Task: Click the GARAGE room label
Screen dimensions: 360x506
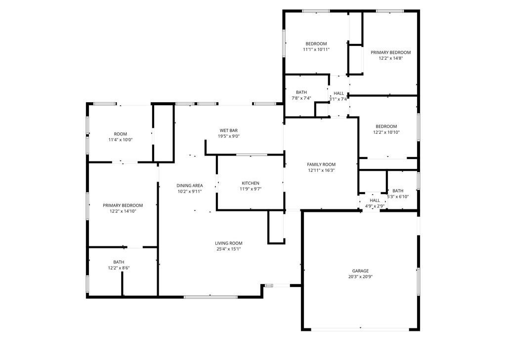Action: (x=360, y=271)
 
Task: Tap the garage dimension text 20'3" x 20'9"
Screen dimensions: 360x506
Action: (x=360, y=277)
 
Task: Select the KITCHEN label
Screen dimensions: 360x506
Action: (x=250, y=183)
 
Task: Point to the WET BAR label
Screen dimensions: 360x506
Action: (x=229, y=130)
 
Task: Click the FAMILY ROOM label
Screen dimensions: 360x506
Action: (x=321, y=164)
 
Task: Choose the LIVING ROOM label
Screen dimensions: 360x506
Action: (x=228, y=243)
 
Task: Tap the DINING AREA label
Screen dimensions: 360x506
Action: (x=190, y=186)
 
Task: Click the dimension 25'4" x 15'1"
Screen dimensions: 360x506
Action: (x=228, y=249)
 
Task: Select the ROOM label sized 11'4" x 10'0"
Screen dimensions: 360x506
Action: (x=121, y=134)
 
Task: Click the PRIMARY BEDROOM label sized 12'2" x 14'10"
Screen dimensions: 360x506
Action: (x=123, y=205)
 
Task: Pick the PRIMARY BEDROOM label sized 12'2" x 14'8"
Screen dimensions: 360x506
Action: (x=391, y=52)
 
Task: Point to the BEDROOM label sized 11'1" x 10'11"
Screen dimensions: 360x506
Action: (x=316, y=44)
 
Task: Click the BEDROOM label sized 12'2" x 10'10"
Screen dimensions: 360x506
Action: (x=386, y=126)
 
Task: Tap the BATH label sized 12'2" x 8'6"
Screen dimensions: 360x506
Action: (x=119, y=262)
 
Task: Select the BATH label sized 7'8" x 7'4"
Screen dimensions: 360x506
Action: (x=301, y=92)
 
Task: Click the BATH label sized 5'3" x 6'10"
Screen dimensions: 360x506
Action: (x=398, y=191)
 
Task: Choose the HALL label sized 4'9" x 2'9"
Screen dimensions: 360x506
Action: (x=375, y=200)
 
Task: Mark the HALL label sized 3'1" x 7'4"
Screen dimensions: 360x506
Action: (x=338, y=93)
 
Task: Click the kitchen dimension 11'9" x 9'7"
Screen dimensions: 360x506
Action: (x=250, y=189)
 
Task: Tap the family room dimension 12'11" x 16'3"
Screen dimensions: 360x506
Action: (x=321, y=170)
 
